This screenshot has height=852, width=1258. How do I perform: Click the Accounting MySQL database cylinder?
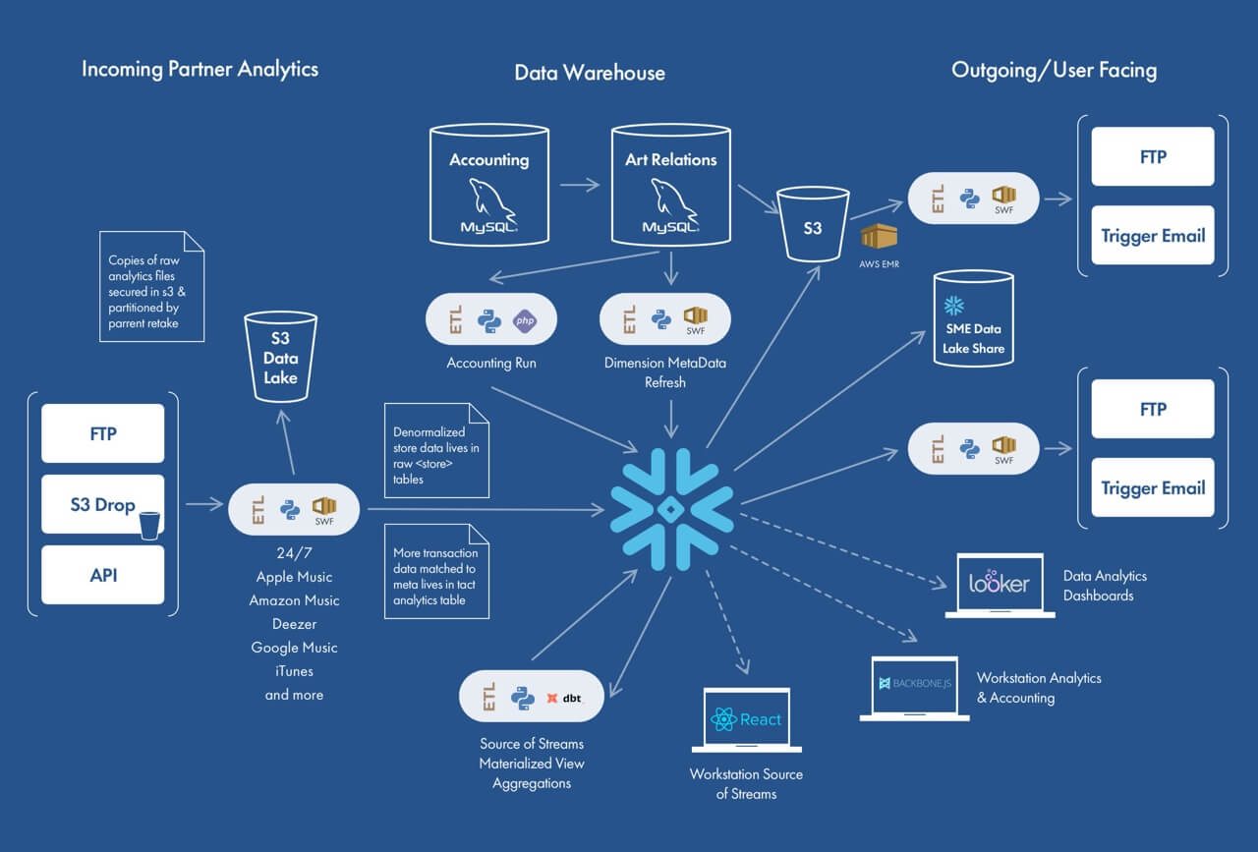click(489, 184)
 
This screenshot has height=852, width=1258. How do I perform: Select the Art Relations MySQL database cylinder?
click(670, 184)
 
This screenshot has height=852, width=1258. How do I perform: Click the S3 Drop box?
click(103, 504)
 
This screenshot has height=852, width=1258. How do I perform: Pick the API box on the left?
click(103, 574)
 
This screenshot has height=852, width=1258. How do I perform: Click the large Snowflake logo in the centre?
click(668, 508)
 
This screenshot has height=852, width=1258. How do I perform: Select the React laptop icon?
click(746, 720)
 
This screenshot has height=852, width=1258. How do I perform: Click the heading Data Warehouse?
click(590, 73)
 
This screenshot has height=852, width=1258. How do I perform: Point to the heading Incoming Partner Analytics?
click(200, 69)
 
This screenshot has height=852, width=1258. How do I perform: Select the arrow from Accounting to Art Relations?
click(580, 184)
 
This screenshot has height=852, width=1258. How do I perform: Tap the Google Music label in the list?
click(294, 648)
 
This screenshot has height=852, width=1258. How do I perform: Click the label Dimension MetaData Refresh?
click(664, 372)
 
